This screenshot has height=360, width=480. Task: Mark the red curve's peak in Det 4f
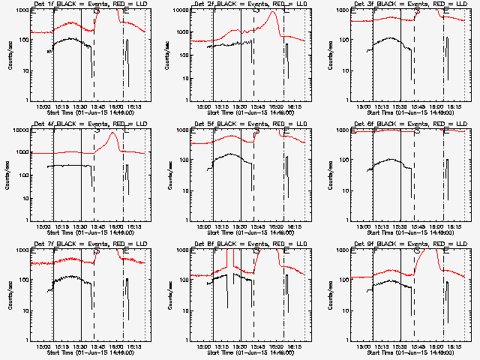pos(113,133)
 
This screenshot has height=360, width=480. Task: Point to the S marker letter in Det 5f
pos(257,131)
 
